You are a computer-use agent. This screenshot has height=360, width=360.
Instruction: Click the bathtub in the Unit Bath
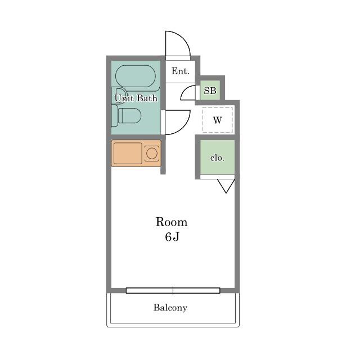click(136, 76)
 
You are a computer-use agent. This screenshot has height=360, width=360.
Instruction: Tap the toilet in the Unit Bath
click(126, 116)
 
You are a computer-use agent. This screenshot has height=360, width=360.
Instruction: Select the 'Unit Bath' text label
click(136, 98)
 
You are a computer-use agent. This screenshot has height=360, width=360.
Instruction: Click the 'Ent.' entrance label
click(181, 71)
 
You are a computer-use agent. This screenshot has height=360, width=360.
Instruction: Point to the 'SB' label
click(210, 91)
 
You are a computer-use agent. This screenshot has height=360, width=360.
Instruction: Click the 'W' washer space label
click(218, 120)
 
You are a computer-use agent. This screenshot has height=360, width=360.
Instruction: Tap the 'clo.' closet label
click(217, 158)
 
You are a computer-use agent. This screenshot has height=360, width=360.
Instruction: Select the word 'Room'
click(171, 222)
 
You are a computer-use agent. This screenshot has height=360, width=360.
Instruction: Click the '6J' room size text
click(172, 237)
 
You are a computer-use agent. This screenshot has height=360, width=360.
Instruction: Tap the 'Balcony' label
click(170, 308)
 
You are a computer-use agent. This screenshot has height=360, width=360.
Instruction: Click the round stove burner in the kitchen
click(151, 153)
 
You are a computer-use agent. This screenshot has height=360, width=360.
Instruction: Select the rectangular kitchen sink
click(128, 154)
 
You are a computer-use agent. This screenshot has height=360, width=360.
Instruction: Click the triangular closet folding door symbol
click(226, 186)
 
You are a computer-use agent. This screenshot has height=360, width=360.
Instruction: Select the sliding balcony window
click(173, 291)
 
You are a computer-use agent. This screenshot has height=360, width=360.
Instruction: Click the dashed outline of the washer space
click(202, 120)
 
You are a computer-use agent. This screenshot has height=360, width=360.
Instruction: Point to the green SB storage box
click(210, 90)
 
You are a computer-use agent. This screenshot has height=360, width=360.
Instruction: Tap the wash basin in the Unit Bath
click(119, 95)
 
